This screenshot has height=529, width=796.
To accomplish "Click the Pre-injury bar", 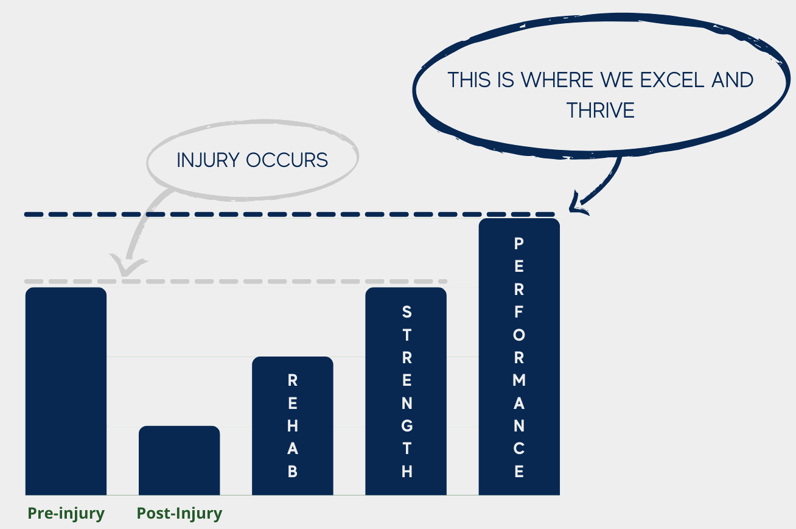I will coord(66,390).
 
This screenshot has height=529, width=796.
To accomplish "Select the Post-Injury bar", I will coord(179,460).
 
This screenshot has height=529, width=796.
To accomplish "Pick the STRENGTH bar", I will coord(406,390).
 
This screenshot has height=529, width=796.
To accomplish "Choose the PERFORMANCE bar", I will coord(519,357).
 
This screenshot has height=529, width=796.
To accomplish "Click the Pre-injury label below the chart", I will coord(66,513).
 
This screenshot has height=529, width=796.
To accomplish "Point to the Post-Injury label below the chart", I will coord(180,513).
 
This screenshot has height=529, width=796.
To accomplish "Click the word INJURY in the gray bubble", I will coord(209,160).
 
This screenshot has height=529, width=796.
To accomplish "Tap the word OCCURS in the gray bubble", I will coord(287,160).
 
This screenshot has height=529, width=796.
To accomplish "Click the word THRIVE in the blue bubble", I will coord(601,110).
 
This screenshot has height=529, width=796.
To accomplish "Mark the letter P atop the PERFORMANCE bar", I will coord(519,244).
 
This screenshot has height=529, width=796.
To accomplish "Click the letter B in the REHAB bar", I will coord(293,472).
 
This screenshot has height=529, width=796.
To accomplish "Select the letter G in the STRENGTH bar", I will coord(407,426).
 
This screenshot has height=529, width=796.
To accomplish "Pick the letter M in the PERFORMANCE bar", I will coord(519,380).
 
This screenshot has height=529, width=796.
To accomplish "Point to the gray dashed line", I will coord(243,281).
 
